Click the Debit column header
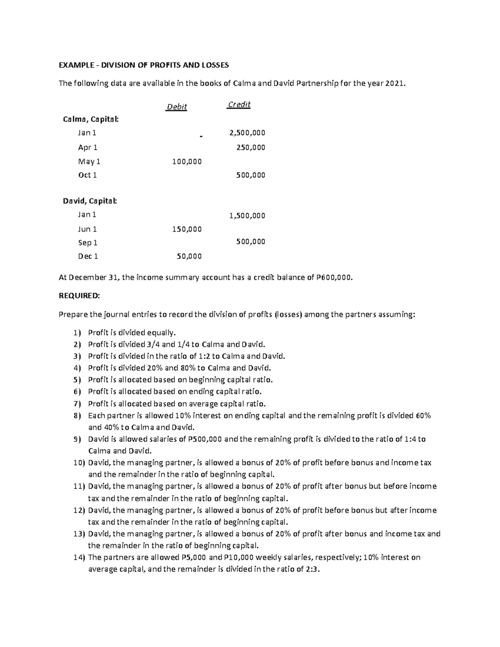point(177,107)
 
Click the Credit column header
point(239,105)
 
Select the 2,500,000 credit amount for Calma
point(247,133)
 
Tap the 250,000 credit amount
point(250,147)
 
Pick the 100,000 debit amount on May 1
point(187,162)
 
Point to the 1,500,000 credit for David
point(247,216)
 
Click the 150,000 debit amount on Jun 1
point(187,229)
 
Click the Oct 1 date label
point(87,175)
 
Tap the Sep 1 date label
point(87,242)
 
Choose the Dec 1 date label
point(88,257)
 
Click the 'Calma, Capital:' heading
point(90,120)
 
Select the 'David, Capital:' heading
point(90,201)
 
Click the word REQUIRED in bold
point(79,296)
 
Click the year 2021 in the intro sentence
point(394,83)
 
